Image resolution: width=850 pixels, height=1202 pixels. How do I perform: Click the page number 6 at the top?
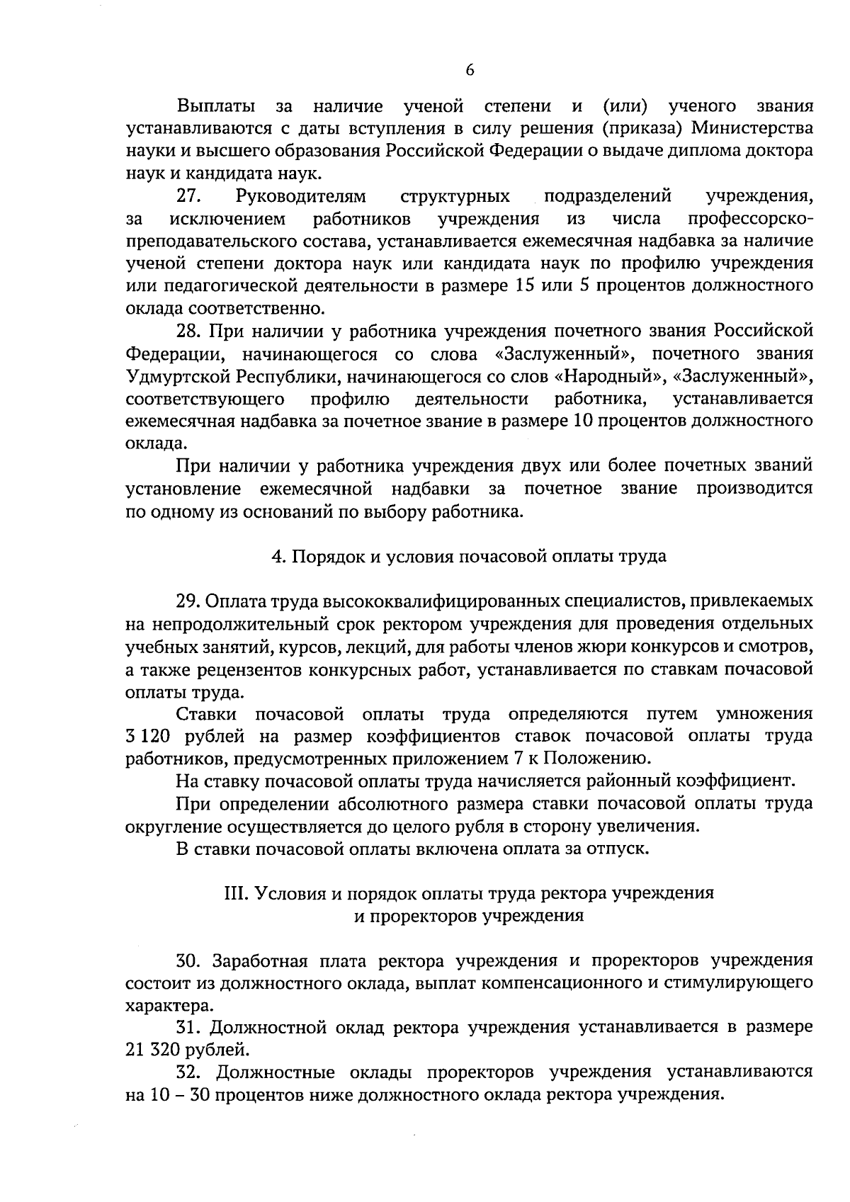[x=470, y=69]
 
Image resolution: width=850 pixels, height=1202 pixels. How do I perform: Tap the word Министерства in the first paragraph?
[x=752, y=128]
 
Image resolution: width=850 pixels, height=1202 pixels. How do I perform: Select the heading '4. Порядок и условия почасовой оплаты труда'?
[x=469, y=556]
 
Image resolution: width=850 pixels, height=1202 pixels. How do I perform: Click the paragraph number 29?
[x=190, y=601]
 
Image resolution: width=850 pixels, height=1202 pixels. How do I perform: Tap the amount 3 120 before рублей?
[x=149, y=737]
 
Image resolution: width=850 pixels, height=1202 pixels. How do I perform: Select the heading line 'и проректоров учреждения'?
[x=469, y=916]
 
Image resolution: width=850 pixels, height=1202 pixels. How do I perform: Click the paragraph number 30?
[x=190, y=961]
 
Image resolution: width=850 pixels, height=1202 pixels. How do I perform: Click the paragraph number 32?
[x=190, y=1072]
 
